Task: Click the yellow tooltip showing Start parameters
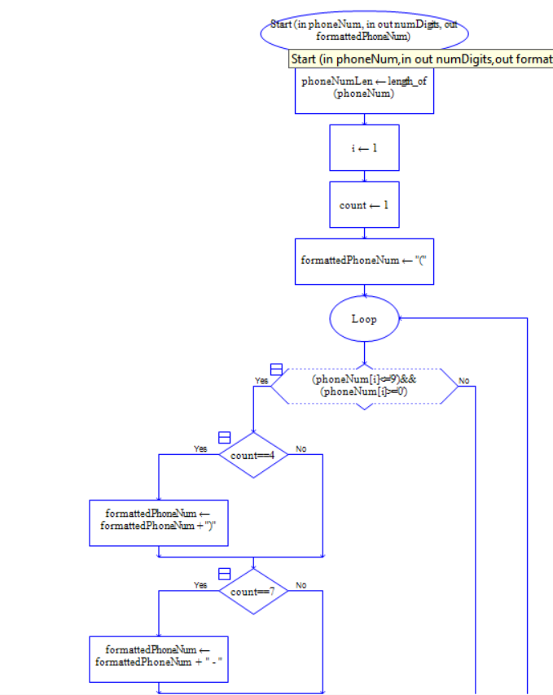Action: (x=421, y=59)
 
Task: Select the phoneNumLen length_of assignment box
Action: (x=364, y=90)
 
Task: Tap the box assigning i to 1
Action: (x=364, y=147)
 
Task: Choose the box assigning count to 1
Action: (x=364, y=204)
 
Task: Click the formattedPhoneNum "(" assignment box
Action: (x=364, y=261)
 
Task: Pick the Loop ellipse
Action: (x=364, y=319)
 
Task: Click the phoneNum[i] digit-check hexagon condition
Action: (x=364, y=386)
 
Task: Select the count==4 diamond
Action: (x=253, y=456)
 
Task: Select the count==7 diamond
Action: (x=253, y=592)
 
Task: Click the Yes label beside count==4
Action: (x=200, y=448)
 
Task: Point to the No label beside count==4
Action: (x=301, y=448)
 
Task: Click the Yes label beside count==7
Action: (x=200, y=584)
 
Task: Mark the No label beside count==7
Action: (x=301, y=584)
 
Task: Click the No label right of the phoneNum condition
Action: (x=464, y=380)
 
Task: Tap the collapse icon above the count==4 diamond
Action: (x=225, y=438)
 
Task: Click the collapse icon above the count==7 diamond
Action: (x=225, y=574)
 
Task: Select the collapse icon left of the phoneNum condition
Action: (x=276, y=369)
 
